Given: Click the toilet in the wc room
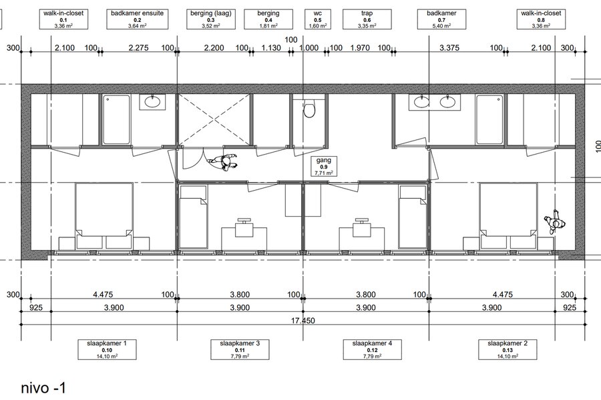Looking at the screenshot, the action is click(x=309, y=110).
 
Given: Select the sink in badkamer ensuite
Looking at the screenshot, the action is click(x=152, y=102).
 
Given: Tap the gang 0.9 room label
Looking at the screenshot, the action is click(x=323, y=167).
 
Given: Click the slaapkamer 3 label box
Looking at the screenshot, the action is click(x=240, y=349).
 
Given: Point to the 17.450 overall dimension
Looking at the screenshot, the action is click(x=303, y=321).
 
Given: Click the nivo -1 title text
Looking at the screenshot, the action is click(x=43, y=388).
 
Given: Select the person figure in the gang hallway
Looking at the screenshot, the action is click(x=222, y=163).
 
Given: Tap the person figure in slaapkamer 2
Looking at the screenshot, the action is click(x=555, y=221).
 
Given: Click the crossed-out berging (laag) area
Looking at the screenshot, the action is click(x=213, y=119).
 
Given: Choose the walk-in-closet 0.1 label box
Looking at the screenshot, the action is click(x=63, y=19).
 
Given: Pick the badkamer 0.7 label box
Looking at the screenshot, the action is click(x=441, y=19).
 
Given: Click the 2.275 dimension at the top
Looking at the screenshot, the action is click(x=138, y=48).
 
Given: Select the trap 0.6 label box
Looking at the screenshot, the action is click(x=367, y=19).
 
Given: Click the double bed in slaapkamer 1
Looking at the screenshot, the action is click(x=104, y=216).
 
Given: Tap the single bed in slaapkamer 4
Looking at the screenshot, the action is click(x=413, y=217).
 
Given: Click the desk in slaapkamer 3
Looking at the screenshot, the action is click(x=244, y=239).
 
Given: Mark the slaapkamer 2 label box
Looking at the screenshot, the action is click(x=508, y=349).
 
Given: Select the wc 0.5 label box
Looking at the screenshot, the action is click(x=318, y=19).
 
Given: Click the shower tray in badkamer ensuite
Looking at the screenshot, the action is click(x=116, y=119).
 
